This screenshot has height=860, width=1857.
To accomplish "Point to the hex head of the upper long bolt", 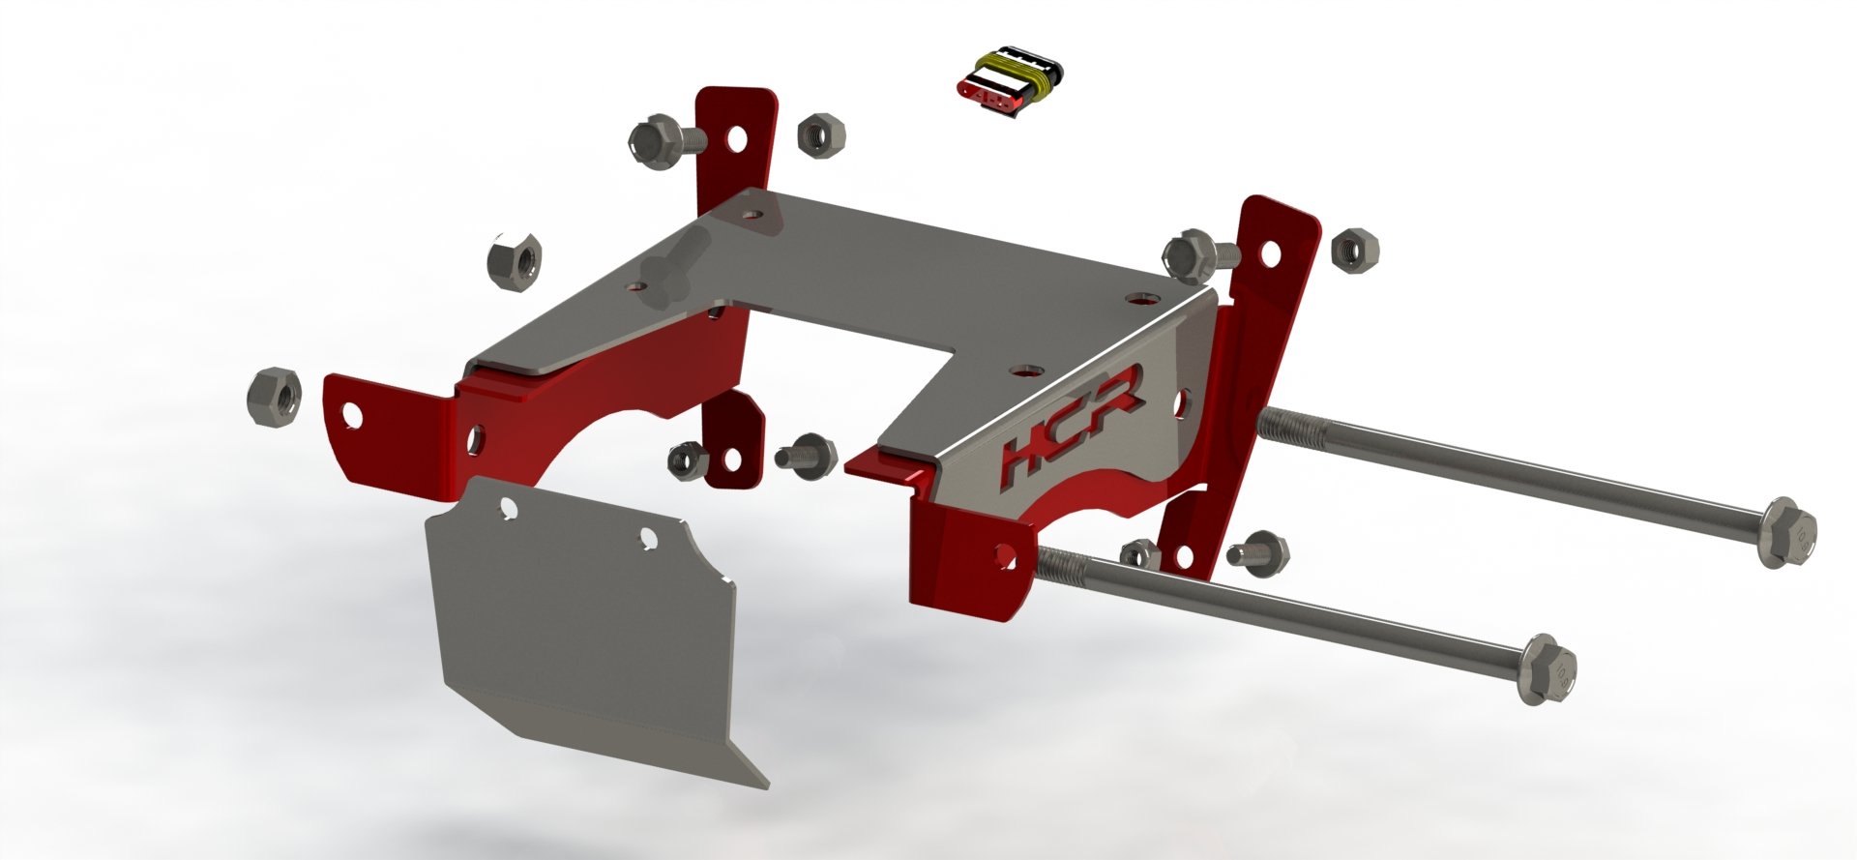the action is [1789, 531].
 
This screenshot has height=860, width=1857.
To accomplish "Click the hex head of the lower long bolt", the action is [1547, 670].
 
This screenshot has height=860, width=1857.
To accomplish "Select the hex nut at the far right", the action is [1353, 250].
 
